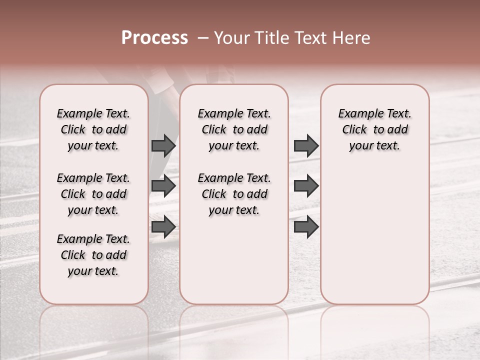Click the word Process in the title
[x=154, y=38]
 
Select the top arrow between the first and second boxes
[x=163, y=145]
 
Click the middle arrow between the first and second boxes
[x=163, y=186]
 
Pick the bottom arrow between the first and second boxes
[x=163, y=227]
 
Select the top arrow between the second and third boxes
[x=306, y=145]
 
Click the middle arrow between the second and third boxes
[x=306, y=186]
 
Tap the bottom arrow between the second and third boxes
[x=306, y=227]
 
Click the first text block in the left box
[x=93, y=129]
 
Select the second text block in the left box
[x=93, y=194]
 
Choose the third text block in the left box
[x=93, y=255]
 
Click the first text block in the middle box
[x=234, y=129]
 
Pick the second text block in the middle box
[x=234, y=194]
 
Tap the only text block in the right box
[x=374, y=129]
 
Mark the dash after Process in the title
[x=203, y=38]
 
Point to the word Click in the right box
[x=354, y=130]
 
